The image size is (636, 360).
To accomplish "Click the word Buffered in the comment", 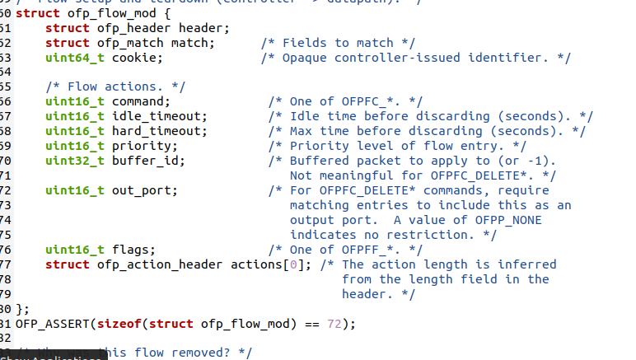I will click(320, 161).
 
